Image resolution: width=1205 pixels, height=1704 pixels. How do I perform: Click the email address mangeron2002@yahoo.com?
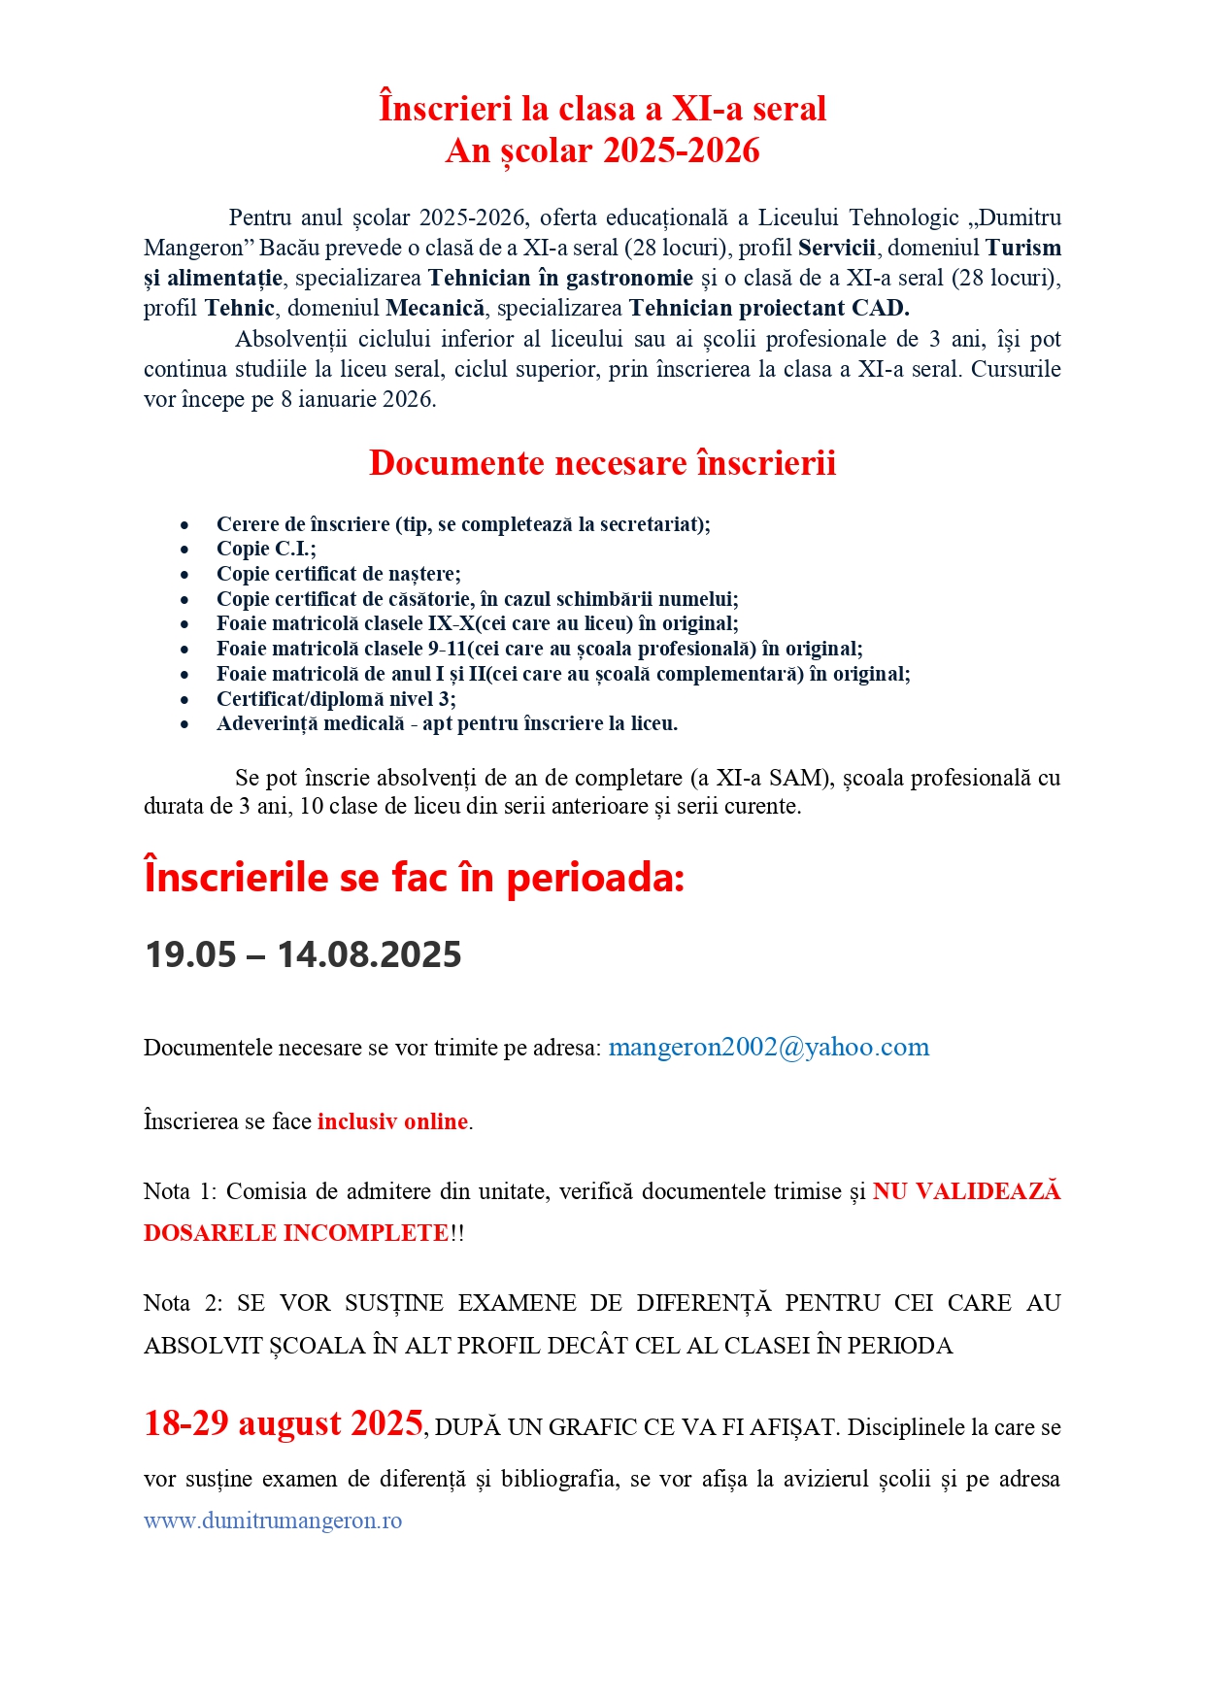point(768,1048)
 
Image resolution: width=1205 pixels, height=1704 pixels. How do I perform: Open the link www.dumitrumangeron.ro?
point(273,1520)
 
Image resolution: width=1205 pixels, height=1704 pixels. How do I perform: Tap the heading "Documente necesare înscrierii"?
point(602,463)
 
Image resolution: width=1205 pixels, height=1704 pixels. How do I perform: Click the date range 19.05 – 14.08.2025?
point(303,954)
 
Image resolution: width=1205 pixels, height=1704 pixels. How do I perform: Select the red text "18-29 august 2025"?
point(284,1423)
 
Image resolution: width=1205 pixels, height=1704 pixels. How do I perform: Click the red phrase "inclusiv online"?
point(392,1121)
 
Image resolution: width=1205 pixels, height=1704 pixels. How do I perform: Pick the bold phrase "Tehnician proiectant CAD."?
point(769,309)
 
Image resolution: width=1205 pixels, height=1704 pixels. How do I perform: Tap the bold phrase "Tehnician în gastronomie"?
point(560,279)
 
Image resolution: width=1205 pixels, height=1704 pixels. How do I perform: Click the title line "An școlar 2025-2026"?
point(602,150)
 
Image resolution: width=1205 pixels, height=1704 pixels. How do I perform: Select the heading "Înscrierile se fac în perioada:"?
point(415,878)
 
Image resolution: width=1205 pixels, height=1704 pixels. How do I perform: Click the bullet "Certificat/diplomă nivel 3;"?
point(336,699)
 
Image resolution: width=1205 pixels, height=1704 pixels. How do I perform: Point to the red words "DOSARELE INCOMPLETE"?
point(296,1233)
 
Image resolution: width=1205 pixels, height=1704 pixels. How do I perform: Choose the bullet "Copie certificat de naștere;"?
point(338,574)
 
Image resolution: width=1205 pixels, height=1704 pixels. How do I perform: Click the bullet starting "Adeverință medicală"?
point(447,723)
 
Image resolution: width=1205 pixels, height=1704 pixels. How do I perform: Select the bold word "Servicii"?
point(836,249)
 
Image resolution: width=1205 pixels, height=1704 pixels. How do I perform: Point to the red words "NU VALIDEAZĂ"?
point(966,1191)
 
